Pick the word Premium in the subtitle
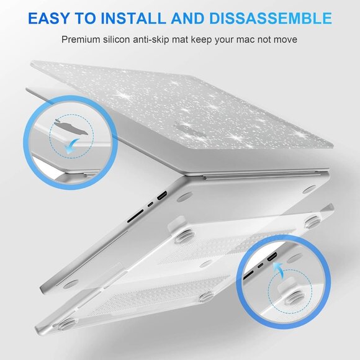pyautogui.click(x=80, y=40)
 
